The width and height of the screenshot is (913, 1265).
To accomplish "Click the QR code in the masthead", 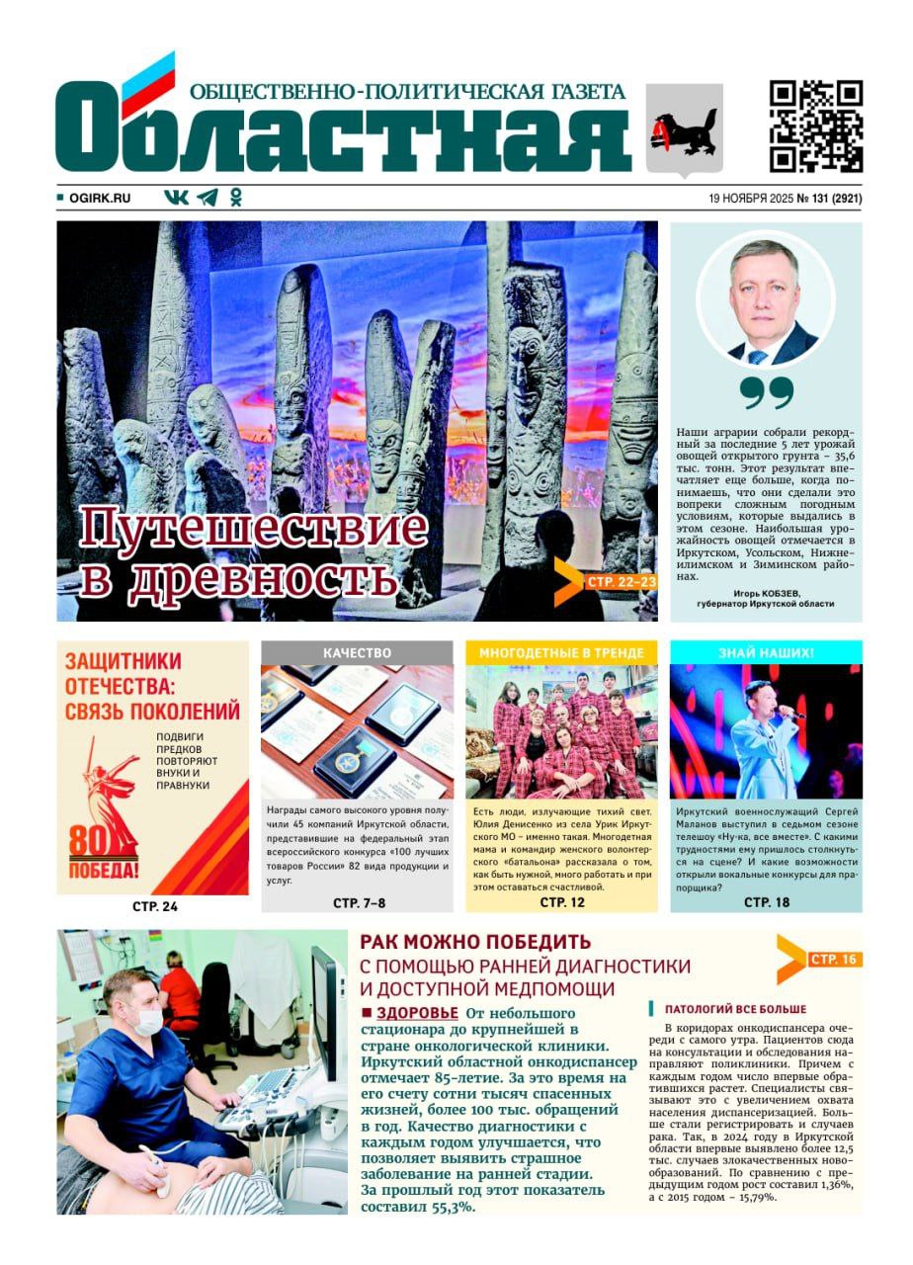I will (x=816, y=126).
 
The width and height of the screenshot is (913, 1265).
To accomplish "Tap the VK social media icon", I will (x=176, y=198).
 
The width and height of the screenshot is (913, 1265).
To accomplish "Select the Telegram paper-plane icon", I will (x=207, y=198).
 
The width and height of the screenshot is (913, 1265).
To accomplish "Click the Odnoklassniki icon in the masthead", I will (x=235, y=198).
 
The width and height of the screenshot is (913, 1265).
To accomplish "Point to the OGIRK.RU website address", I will (x=99, y=199).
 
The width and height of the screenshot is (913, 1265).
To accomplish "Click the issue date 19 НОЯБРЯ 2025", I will (x=751, y=199).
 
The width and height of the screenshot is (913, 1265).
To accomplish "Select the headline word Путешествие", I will (x=253, y=529).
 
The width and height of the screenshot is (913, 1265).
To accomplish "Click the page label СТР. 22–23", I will (x=621, y=583).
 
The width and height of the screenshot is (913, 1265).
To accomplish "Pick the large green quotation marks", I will (x=766, y=392).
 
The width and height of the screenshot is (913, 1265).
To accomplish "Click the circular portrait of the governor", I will (x=766, y=300).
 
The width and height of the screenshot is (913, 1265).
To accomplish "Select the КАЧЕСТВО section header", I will (x=357, y=653).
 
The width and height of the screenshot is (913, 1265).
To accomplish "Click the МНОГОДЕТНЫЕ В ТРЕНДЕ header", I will (x=561, y=653).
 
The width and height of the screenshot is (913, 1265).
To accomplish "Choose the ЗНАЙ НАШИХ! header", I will (x=766, y=653).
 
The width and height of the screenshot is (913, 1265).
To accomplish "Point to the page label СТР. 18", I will (x=766, y=902).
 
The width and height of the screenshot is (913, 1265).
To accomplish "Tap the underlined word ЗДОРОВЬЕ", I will (x=417, y=1013).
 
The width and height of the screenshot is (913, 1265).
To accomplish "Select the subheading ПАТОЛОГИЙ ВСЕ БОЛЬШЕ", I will (x=735, y=1009).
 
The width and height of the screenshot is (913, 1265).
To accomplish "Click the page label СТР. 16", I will (x=834, y=960).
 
